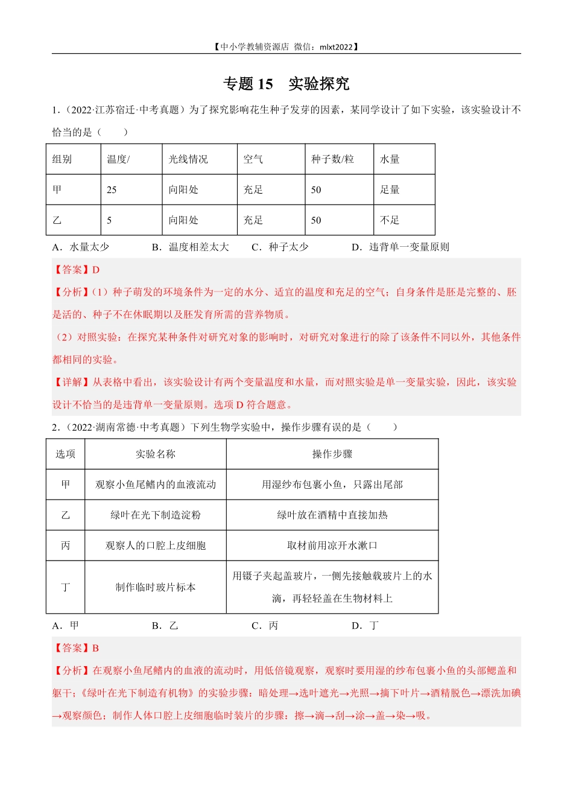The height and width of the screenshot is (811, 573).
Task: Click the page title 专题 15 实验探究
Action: pos(286,84)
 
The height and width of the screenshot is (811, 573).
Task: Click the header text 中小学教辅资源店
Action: pos(255,47)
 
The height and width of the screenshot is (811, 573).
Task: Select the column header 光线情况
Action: pos(188,159)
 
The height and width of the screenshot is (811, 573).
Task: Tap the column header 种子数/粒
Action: pos(332,159)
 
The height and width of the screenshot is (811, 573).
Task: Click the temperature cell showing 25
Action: pos(112,190)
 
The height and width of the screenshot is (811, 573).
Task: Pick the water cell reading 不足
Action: pos(390,220)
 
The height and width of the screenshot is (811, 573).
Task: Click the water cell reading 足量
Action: pos(390,190)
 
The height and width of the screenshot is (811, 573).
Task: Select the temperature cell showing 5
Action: pos(109,220)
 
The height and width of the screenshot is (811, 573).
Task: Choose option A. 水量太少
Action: pos(80,247)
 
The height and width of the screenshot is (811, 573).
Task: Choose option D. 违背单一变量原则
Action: pos(400,247)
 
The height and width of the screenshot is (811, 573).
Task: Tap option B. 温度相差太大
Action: pos(191,247)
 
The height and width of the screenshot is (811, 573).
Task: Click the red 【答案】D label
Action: pos(77,270)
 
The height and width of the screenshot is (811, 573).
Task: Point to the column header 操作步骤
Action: pos(332,454)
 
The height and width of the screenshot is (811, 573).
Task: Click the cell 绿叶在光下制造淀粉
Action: pos(156,515)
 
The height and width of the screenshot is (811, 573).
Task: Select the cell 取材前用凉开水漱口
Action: pos(332,545)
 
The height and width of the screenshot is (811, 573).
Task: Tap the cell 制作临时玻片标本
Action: pos(156,587)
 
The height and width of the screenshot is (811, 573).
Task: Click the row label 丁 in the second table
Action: pos(66,587)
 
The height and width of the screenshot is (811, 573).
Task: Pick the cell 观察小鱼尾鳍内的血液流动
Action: pos(156,485)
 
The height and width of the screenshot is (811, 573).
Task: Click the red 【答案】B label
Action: pos(77,648)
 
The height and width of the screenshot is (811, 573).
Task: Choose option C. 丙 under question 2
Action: pos(265,626)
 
